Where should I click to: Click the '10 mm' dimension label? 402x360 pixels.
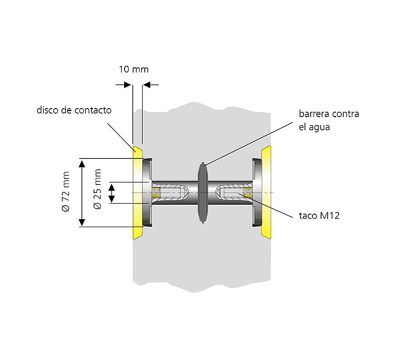click(x=134, y=69)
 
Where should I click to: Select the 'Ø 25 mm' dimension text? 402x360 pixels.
click(x=97, y=184)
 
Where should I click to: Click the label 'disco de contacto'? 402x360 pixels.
click(x=74, y=110)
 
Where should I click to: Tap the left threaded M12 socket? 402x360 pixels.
click(x=159, y=193)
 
